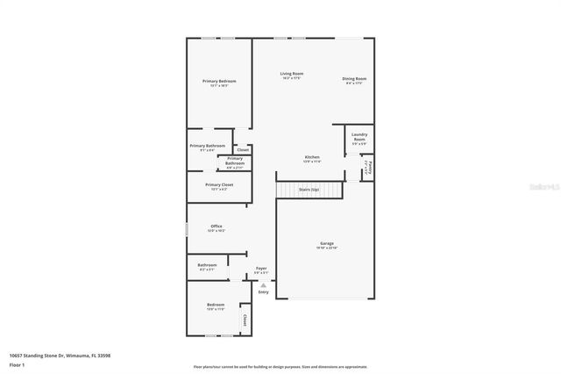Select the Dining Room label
[354, 79]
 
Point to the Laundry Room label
[359, 138]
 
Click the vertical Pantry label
[371, 166]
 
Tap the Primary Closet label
[219, 185]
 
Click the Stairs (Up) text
[309, 189]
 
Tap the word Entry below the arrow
[263, 291]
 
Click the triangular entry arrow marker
[263, 284]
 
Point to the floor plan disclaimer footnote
[280, 366]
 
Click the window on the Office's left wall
[187, 227]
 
